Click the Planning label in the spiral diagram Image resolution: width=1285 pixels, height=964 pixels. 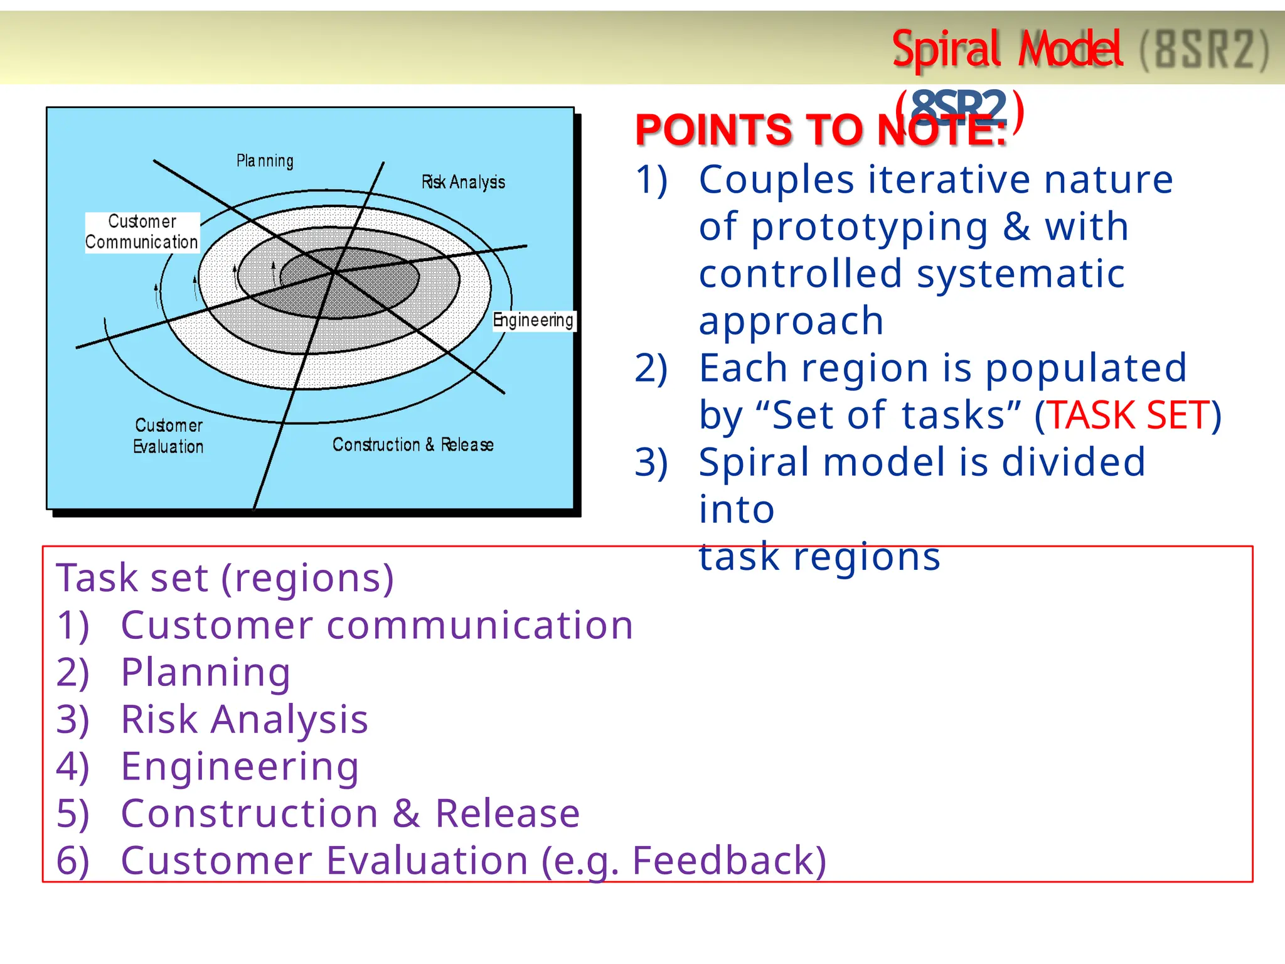point(265,161)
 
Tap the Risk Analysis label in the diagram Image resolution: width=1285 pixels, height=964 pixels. point(463,182)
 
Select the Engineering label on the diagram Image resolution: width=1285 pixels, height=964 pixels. point(533,320)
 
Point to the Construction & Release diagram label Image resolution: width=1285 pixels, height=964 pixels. point(413,444)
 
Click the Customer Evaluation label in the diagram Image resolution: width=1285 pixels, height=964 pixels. point(168,436)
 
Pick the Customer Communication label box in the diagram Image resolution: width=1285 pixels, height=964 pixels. point(142,232)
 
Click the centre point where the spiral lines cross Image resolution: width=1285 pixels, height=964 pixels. point(335,272)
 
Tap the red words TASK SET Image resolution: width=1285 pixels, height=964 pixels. point(1128,415)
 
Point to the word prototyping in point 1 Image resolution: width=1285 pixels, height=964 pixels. point(869,227)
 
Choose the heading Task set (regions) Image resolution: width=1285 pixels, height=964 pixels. point(225,577)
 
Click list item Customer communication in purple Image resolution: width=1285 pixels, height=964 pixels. point(376,625)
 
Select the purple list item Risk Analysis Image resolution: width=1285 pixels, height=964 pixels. point(244,719)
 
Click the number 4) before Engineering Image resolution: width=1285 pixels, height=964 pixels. point(73,767)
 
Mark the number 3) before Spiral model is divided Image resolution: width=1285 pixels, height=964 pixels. point(651,463)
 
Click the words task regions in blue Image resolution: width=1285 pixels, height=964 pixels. point(819,556)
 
